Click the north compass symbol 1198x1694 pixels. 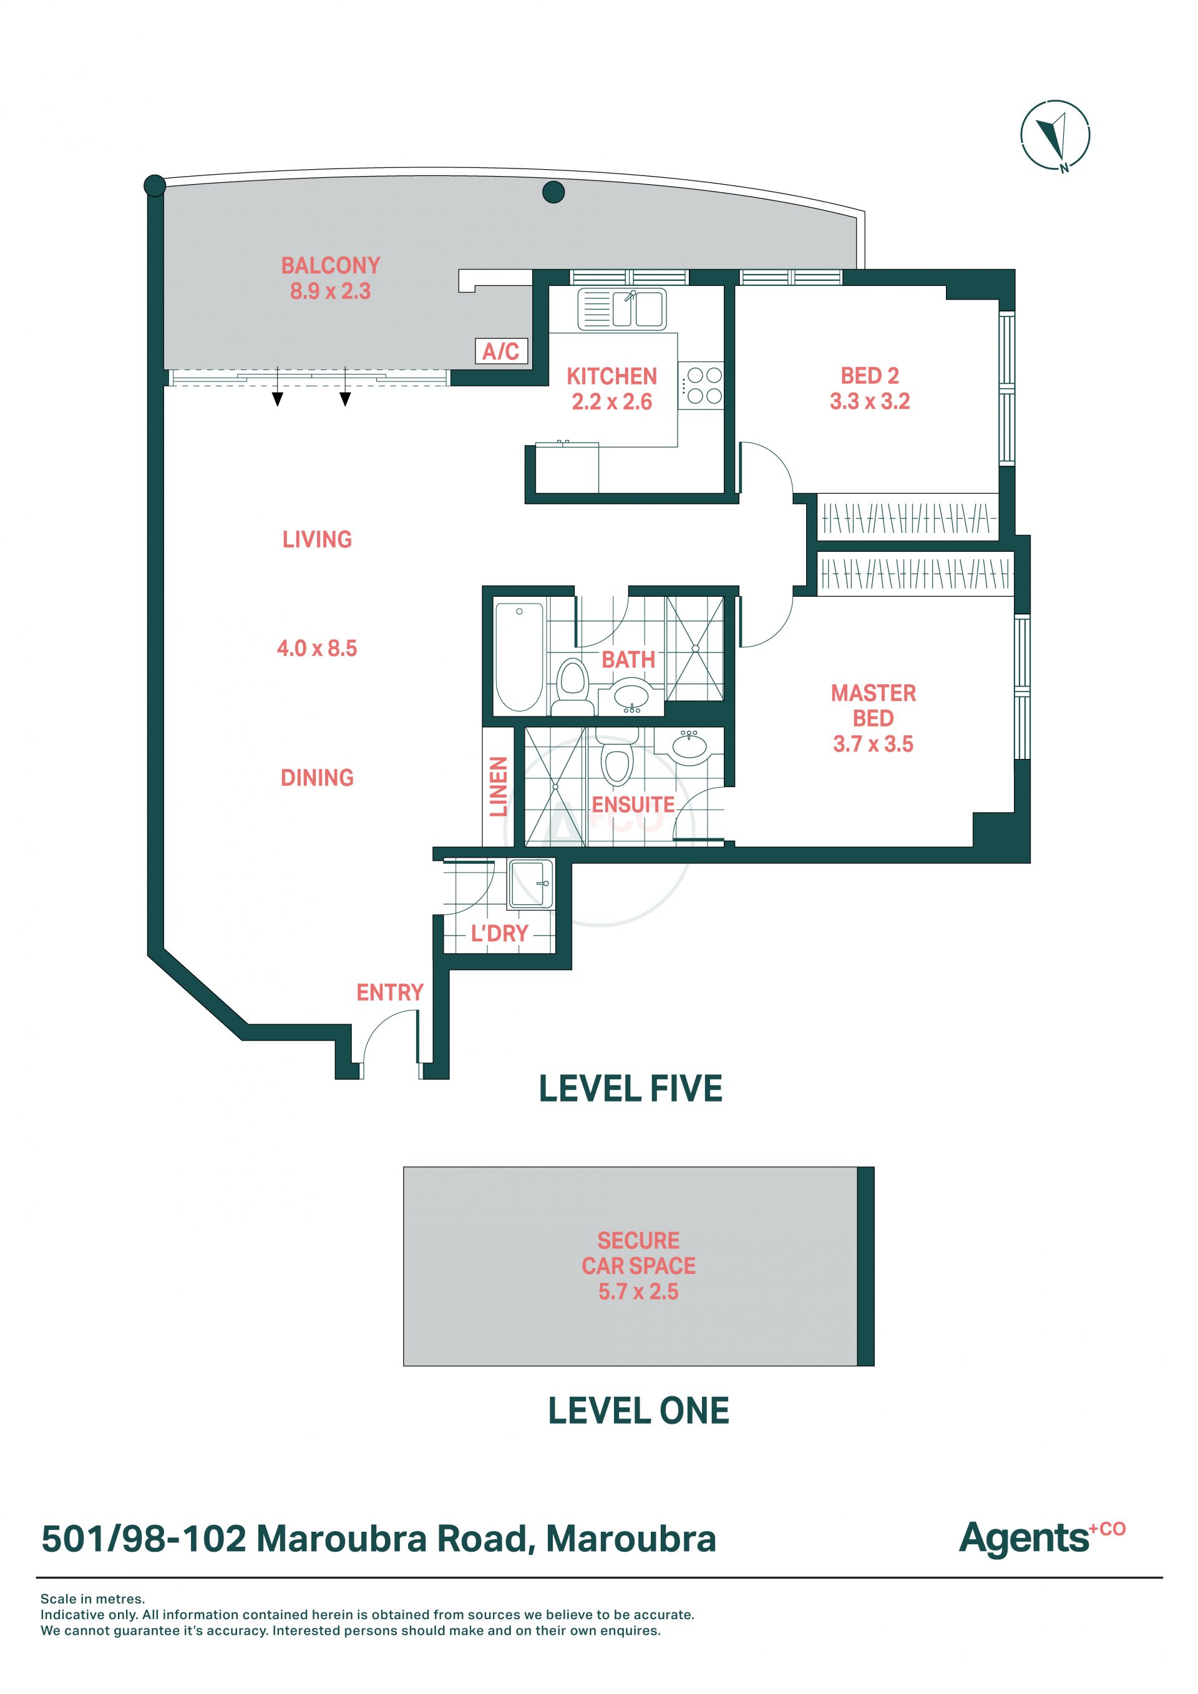click(1055, 135)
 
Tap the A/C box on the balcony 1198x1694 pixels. click(501, 351)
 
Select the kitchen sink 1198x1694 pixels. click(622, 308)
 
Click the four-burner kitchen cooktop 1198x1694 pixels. click(701, 386)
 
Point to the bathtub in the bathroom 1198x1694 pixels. click(519, 657)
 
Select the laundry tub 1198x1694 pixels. click(530, 884)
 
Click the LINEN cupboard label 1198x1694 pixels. click(499, 786)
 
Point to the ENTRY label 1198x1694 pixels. click(389, 992)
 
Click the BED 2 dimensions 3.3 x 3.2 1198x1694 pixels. click(870, 401)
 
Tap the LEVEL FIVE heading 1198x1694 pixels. click(631, 1089)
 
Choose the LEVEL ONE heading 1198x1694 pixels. click(638, 1411)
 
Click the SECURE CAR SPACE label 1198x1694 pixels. click(639, 1253)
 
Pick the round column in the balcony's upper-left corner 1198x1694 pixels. click(154, 185)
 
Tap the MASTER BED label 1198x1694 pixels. click(874, 705)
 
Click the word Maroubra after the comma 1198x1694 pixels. click(631, 1539)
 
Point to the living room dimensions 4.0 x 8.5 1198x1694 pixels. click(316, 649)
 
